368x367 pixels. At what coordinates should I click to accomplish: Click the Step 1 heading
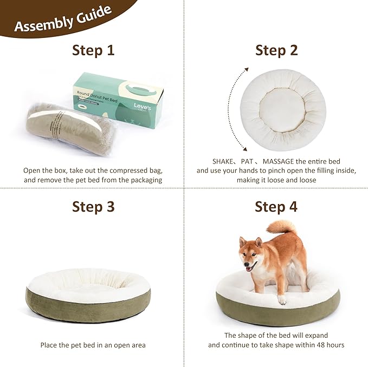(x=93, y=50)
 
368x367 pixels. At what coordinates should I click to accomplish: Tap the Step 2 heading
(x=276, y=50)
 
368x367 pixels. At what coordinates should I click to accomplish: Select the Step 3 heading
(x=93, y=207)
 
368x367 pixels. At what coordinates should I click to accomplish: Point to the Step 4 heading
(x=276, y=207)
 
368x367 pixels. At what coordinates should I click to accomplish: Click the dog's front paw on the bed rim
(x=282, y=299)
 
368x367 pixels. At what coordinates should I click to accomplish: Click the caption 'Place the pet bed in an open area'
(x=93, y=345)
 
